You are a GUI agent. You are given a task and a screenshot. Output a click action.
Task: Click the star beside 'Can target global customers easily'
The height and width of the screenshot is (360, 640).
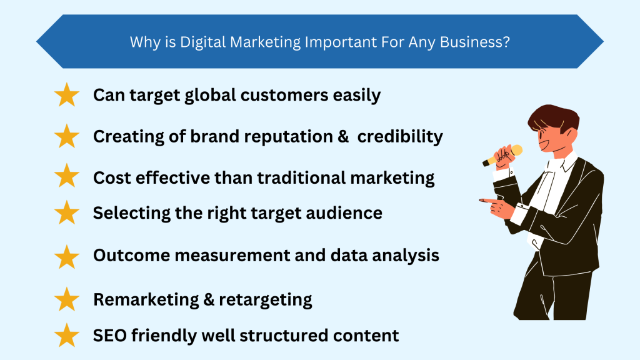pos(67,96)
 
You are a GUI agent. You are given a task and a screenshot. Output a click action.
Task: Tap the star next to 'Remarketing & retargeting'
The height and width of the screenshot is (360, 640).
pos(67,299)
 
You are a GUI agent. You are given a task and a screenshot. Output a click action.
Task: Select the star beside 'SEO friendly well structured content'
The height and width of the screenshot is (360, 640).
pos(67,336)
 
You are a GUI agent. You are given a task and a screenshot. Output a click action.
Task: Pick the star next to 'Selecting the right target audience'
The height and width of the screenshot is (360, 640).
pos(67,213)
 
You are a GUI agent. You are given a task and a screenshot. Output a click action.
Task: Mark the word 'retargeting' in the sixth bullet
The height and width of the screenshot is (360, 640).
pos(266,299)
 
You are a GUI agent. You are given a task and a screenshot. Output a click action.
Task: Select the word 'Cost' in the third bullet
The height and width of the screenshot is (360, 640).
pos(110,177)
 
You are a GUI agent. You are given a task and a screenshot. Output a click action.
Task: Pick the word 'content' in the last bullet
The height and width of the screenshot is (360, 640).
pos(366,335)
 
